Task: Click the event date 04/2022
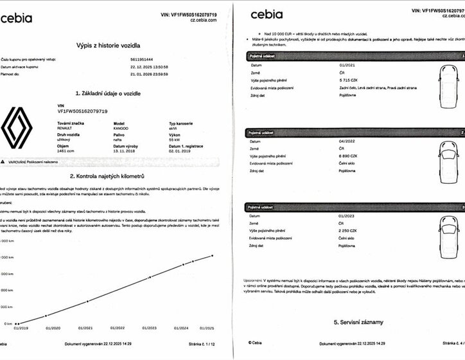[x=347, y=140]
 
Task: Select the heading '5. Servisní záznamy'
[x=358, y=321]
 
